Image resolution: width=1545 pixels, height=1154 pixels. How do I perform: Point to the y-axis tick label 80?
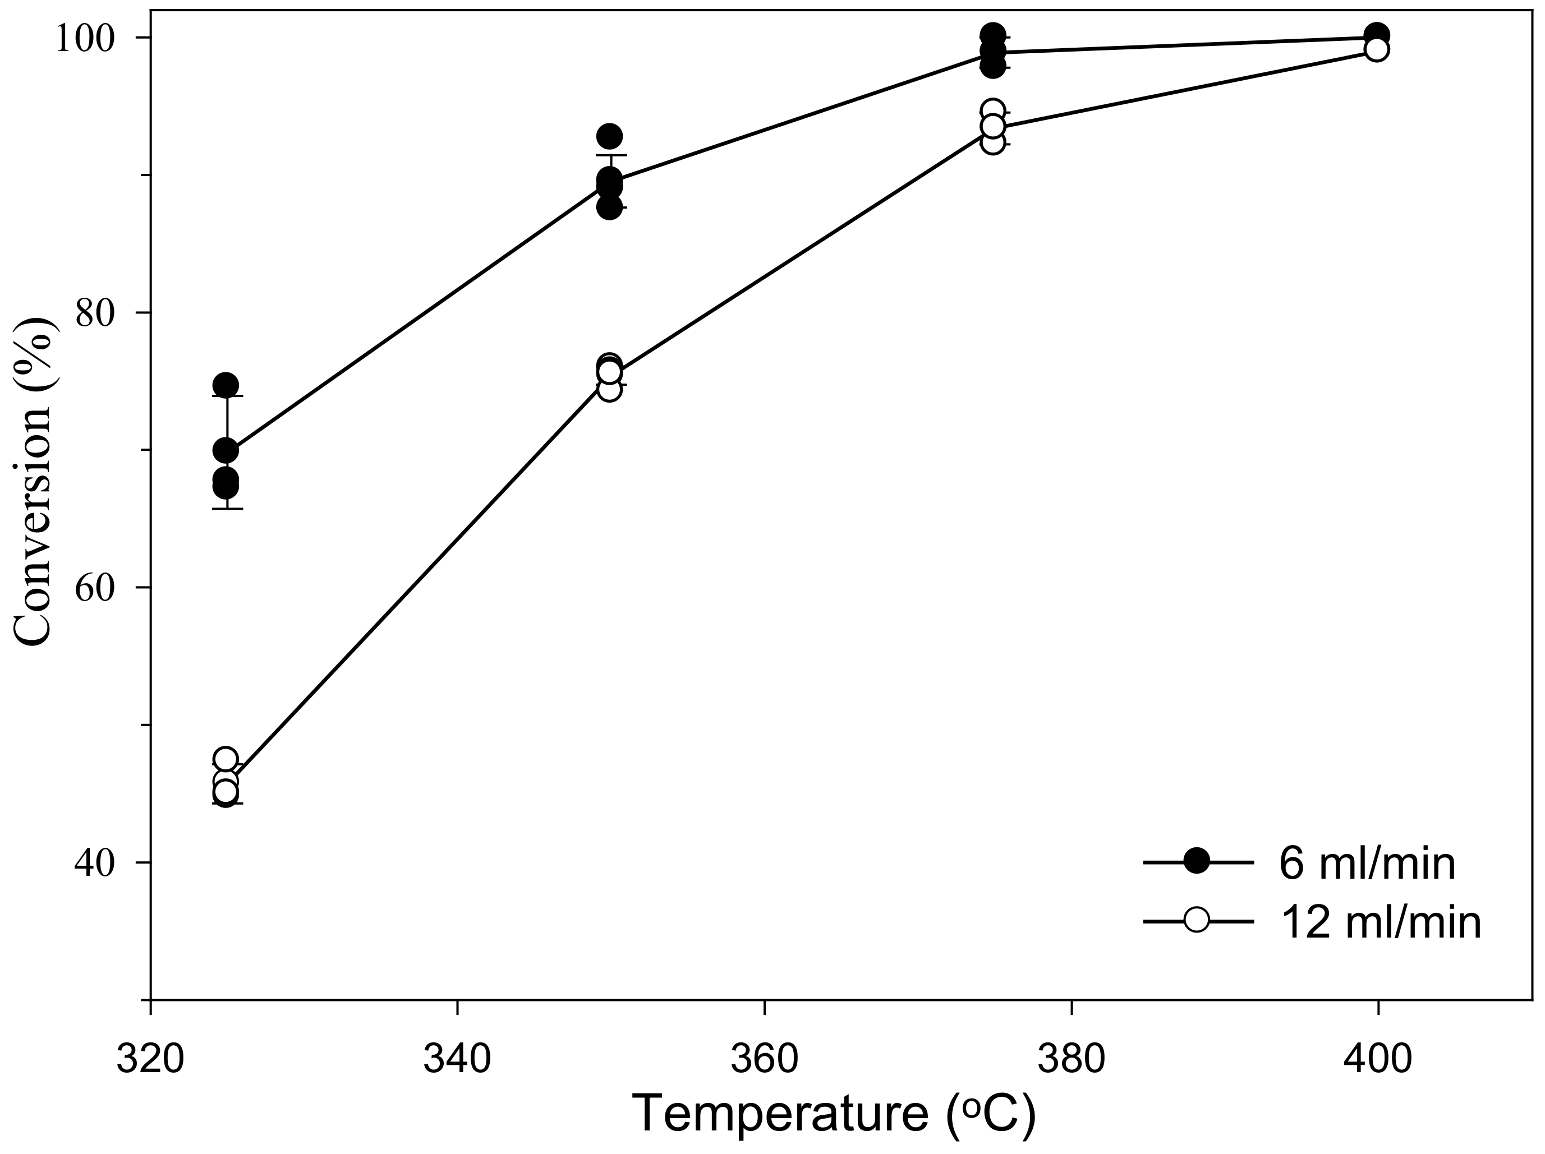(94, 313)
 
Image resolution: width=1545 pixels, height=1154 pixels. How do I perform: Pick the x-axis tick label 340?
(457, 1058)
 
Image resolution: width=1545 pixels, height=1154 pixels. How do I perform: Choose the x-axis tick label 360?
(764, 1058)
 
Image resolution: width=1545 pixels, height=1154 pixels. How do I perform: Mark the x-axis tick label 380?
(1072, 1058)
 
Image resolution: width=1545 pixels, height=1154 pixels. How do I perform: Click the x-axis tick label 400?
(1378, 1058)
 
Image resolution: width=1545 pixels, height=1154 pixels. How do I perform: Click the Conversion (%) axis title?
(34, 482)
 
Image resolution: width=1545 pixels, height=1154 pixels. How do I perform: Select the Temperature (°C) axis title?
(833, 1114)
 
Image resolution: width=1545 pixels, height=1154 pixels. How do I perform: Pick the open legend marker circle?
(1197, 920)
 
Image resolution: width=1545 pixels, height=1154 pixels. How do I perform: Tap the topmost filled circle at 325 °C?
(226, 385)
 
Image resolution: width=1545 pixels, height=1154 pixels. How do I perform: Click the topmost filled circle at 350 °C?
(610, 136)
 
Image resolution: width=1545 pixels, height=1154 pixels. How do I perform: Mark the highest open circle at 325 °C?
(226, 759)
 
